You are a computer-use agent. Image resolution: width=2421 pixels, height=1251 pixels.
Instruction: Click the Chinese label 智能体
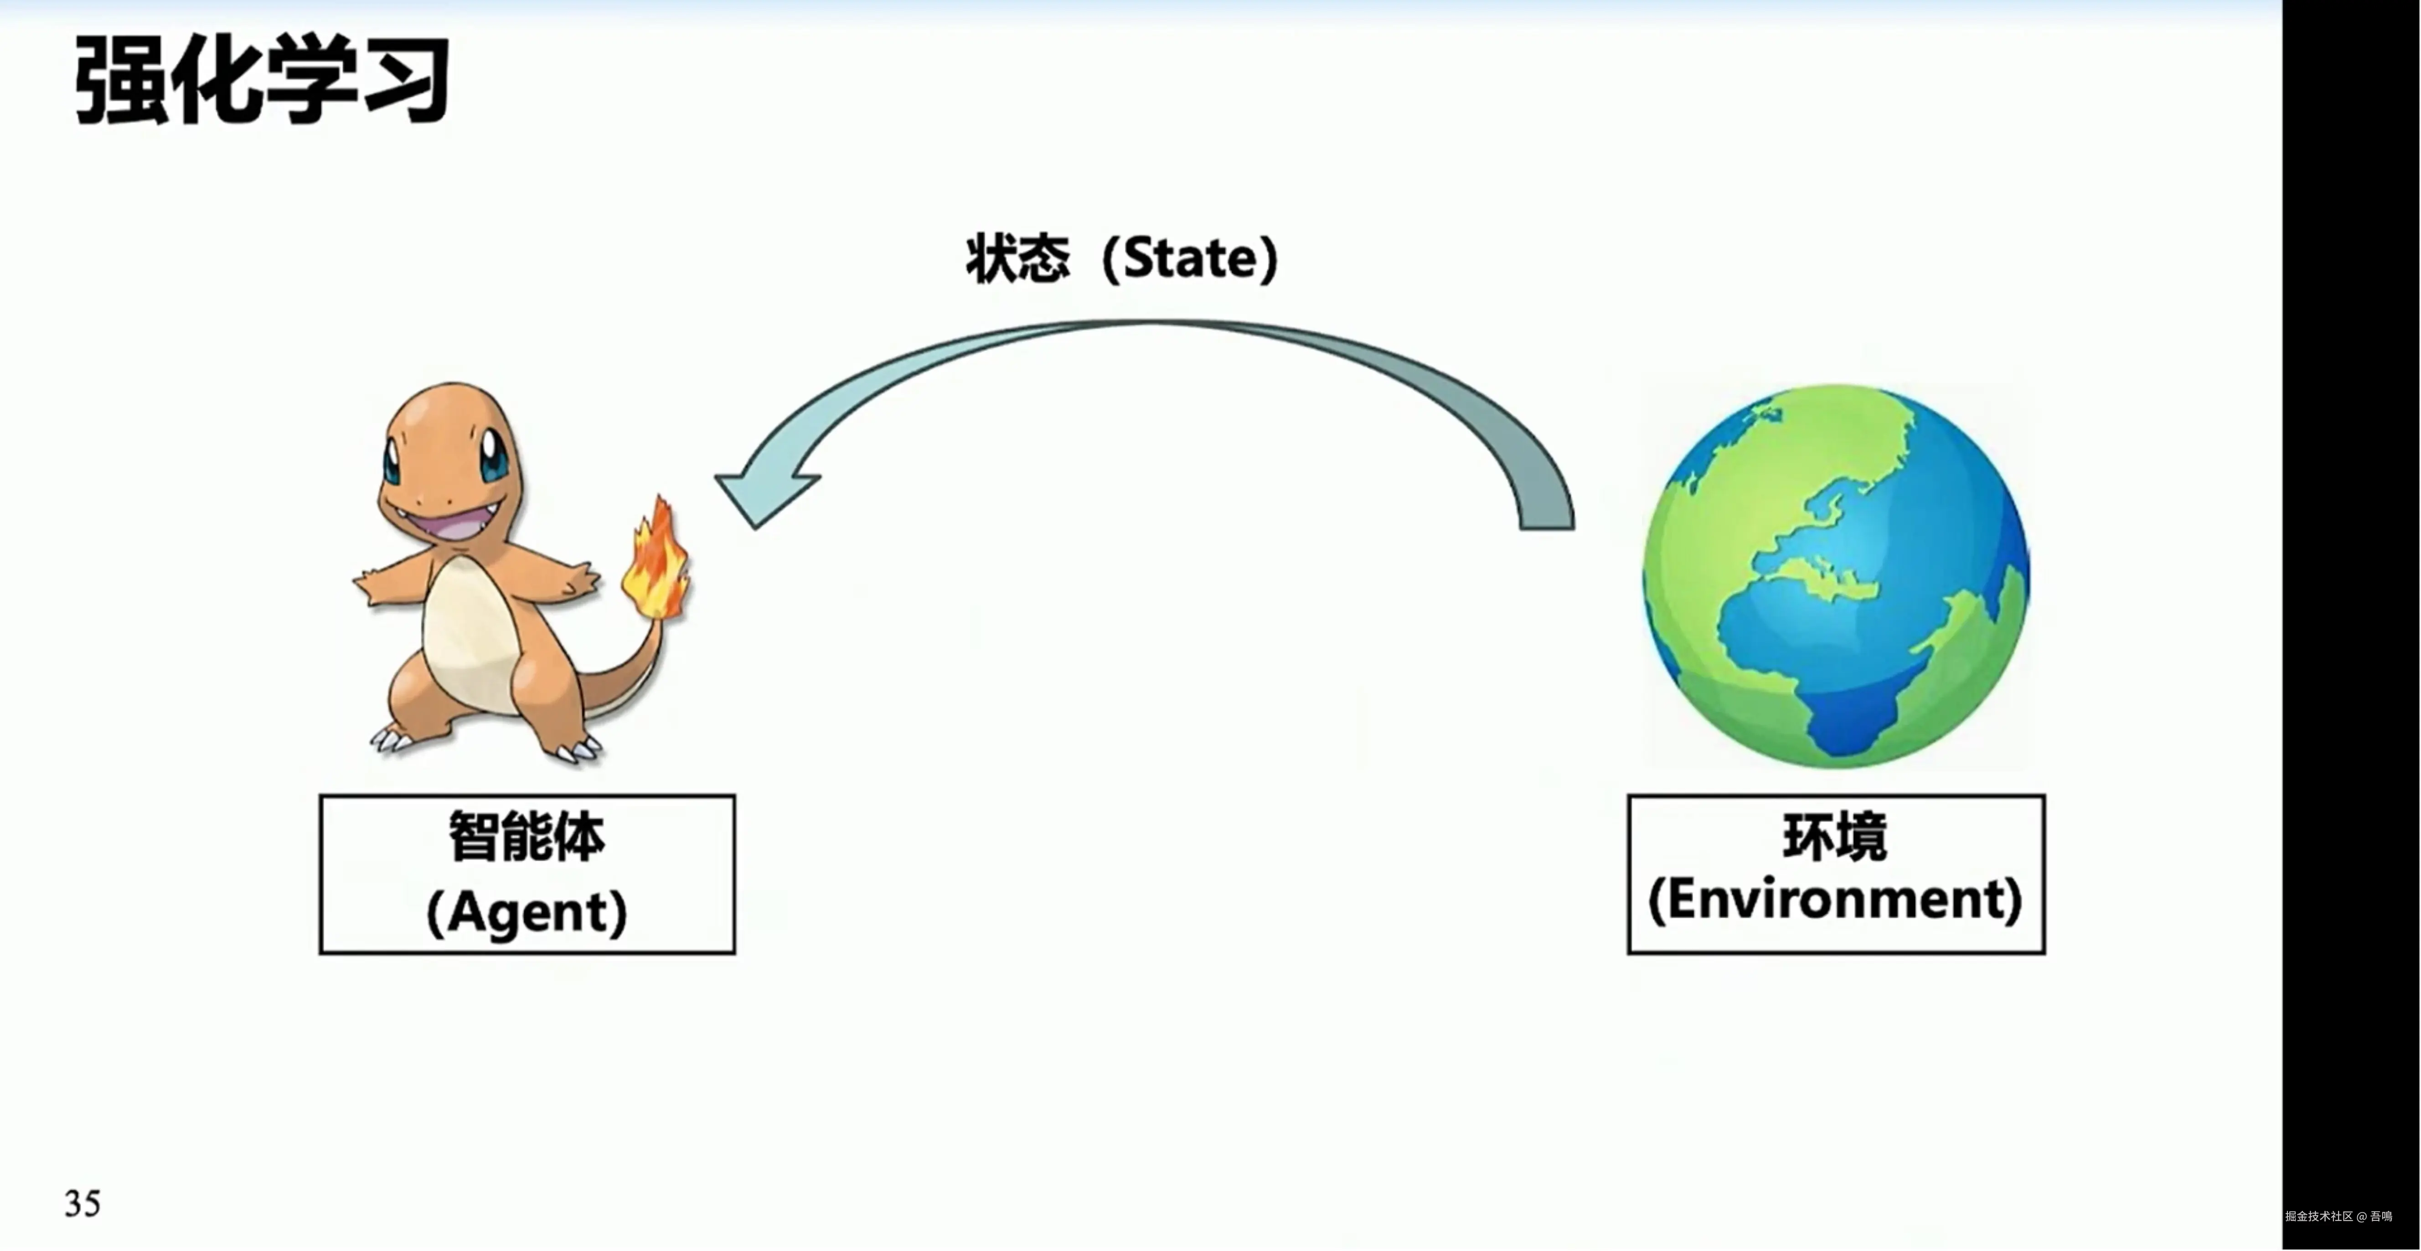click(x=527, y=837)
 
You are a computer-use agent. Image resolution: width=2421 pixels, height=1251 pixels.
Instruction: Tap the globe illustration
click(x=1836, y=575)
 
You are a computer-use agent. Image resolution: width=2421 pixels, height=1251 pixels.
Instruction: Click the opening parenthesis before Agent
click(x=435, y=912)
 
